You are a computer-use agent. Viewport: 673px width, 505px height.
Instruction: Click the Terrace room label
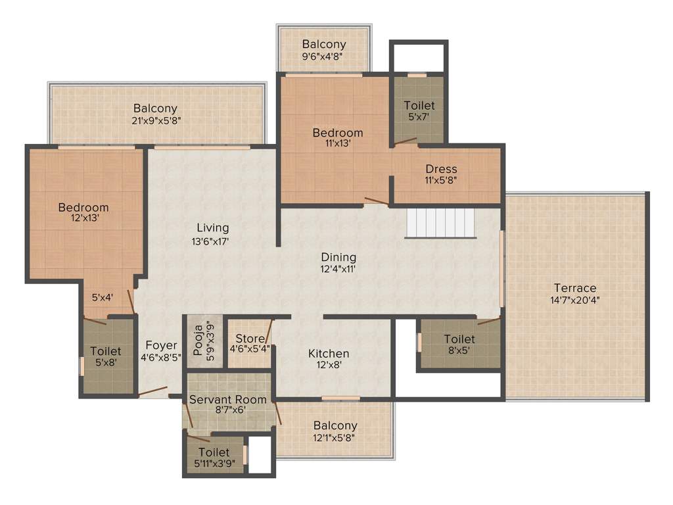tap(574, 288)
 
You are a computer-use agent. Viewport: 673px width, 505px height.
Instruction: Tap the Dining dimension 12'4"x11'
tap(338, 268)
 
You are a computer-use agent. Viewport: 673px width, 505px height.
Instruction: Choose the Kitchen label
tap(329, 354)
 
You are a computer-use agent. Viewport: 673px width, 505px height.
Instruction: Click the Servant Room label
tap(228, 399)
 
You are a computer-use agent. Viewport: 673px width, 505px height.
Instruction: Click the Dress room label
tap(441, 169)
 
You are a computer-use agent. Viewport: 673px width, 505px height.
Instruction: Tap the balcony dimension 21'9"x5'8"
tap(156, 120)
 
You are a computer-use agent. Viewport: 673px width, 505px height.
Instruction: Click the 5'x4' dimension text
tap(103, 297)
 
